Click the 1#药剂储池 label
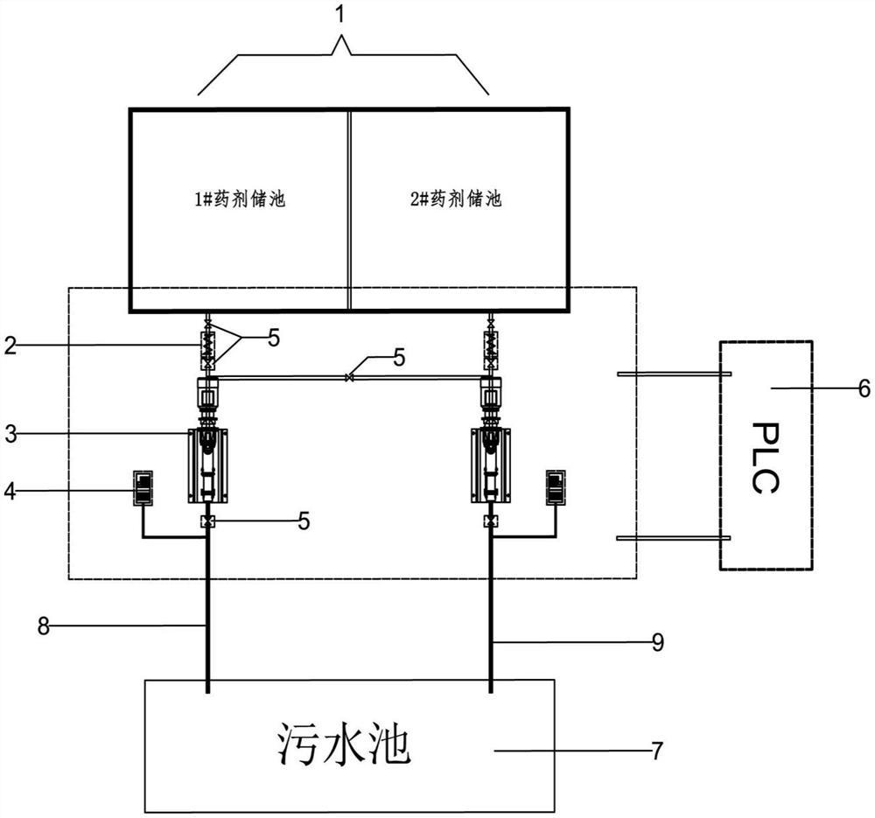pos(240,199)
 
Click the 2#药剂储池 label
pos(457,199)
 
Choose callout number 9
pos(658,643)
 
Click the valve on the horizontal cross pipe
pos(349,378)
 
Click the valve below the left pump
pos(208,522)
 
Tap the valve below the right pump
pos(491,522)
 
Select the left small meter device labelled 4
pos(143,487)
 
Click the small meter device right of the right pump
pos(556,487)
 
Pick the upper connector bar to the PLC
pos(674,374)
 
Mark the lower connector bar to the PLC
pos(674,538)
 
